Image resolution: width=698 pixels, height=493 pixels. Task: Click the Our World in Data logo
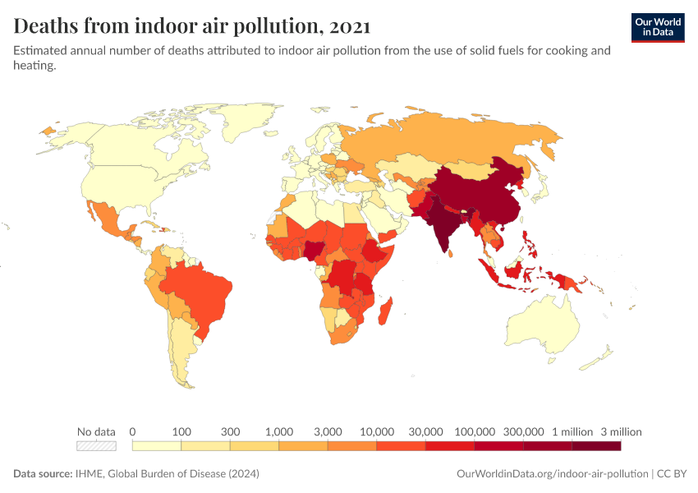[x=658, y=27]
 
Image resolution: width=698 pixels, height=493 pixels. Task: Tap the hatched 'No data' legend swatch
[x=96, y=445]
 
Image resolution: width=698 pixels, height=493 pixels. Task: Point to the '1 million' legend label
[x=572, y=431]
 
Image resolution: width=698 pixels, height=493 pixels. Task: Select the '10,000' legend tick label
[x=377, y=431]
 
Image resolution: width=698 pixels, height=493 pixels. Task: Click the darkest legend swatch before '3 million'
[x=596, y=445]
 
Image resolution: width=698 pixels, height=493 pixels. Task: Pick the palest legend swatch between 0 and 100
[x=157, y=445]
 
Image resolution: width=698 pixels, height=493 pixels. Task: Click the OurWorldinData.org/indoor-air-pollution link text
[x=551, y=474]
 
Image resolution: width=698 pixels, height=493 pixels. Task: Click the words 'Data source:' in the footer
[x=41, y=474]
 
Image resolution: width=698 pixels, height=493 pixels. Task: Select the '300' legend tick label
[x=231, y=431]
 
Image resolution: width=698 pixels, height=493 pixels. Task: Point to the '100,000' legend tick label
[x=475, y=431]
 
